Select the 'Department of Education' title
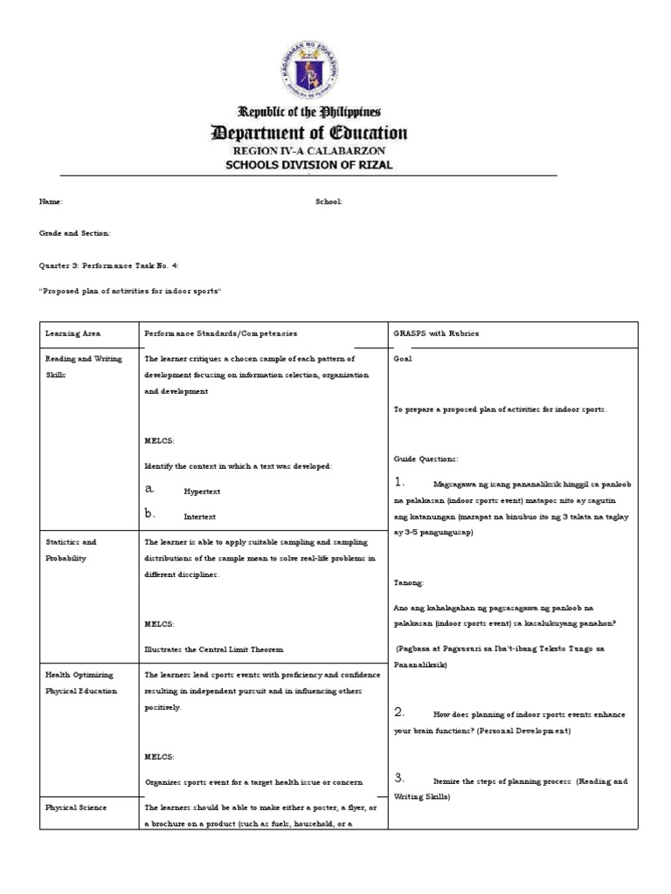click(307, 133)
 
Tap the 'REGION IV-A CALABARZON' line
click(307, 151)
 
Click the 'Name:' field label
click(51, 202)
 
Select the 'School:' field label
click(329, 202)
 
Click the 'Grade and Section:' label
click(74, 233)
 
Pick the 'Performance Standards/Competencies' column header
click(220, 334)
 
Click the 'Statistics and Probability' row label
click(71, 550)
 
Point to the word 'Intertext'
click(199, 517)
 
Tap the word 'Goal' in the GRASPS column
click(403, 358)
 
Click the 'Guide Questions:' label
click(425, 458)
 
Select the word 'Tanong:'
click(409, 581)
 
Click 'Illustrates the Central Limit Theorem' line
click(214, 649)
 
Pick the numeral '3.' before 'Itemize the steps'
click(399, 778)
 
